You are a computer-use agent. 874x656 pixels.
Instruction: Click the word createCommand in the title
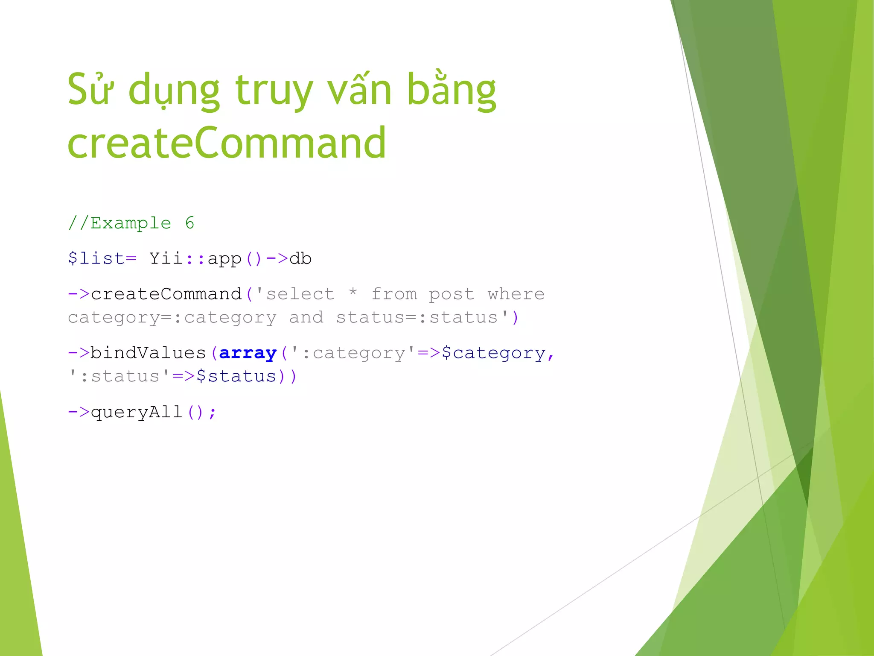coord(227,143)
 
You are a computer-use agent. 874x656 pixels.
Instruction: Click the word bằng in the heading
coord(452,91)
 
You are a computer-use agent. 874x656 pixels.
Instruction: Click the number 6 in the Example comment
coord(189,223)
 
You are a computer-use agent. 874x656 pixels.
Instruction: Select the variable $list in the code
coord(96,258)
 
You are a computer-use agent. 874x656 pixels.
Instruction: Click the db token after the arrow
coord(300,258)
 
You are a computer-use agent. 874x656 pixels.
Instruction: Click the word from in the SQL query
coord(394,294)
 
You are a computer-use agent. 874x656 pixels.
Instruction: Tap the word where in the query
coord(516,294)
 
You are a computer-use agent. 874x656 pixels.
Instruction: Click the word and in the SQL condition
coord(306,317)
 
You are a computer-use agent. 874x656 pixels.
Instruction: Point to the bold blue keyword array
coord(248,353)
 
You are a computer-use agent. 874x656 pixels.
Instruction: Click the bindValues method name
coord(148,353)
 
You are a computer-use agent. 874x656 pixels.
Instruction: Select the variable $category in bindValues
coord(493,353)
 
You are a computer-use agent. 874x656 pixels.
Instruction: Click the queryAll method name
coord(137,412)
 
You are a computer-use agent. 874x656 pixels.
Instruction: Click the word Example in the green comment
coord(131,223)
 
